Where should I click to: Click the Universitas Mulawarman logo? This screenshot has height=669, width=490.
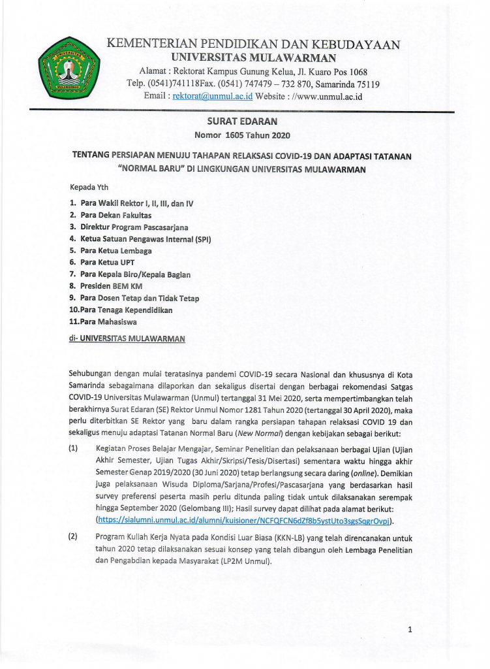[x=67, y=67]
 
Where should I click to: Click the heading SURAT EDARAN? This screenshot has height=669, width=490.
[x=242, y=122]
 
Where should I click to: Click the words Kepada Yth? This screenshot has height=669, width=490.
[x=89, y=188]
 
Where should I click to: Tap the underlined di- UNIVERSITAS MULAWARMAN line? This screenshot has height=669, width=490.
[x=127, y=338]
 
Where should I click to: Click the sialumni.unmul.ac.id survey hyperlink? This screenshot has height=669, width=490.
[x=245, y=520]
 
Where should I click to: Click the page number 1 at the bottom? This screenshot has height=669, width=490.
[x=410, y=630]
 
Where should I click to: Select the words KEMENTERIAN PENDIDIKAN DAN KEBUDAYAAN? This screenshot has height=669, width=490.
[x=253, y=45]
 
